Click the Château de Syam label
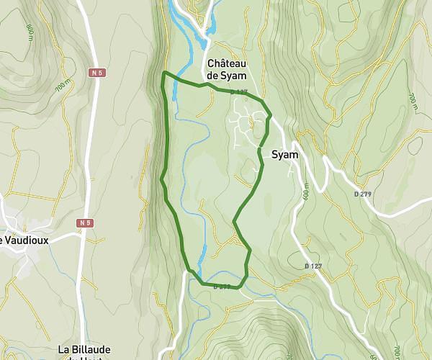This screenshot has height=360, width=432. [227, 69]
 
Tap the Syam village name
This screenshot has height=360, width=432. [285, 155]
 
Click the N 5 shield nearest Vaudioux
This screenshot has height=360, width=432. [85, 223]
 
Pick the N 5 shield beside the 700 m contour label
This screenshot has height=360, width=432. [97, 73]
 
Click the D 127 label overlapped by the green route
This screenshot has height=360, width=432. [239, 92]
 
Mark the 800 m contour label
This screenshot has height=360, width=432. [30, 32]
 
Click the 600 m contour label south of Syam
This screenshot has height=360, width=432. [305, 192]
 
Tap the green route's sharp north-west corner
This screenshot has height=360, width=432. [165, 73]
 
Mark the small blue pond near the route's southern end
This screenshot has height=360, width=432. [204, 253]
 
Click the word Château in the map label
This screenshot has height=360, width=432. [227, 63]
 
